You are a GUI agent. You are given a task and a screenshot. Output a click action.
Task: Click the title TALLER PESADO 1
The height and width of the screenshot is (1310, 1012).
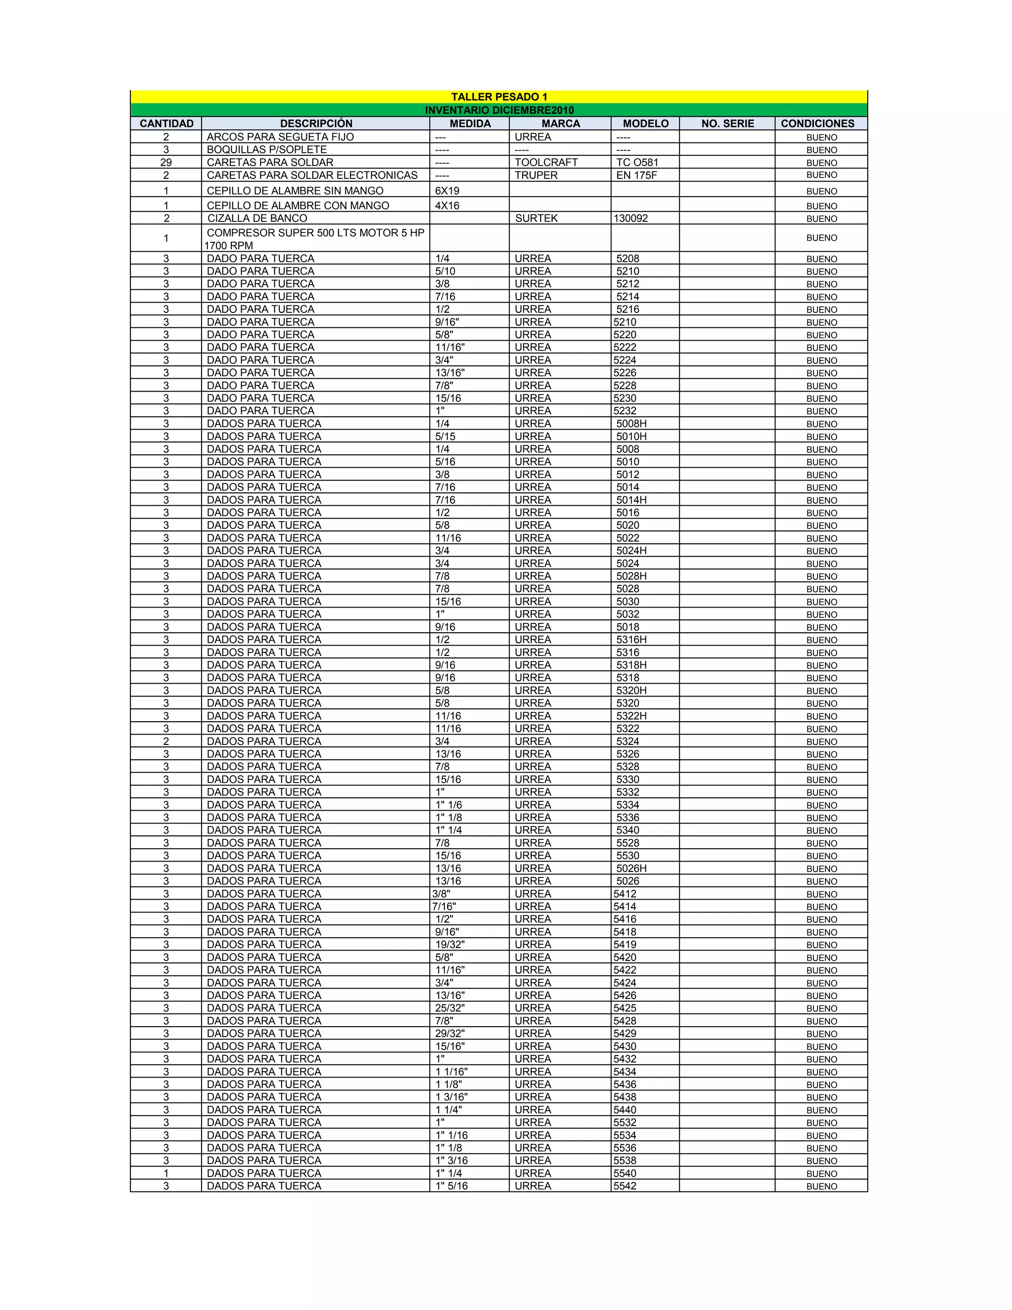point(499,96)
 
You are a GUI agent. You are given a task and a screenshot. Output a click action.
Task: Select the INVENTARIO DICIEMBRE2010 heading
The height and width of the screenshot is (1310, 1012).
point(499,110)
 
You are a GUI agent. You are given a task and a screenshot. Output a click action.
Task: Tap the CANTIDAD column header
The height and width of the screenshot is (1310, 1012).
point(167,124)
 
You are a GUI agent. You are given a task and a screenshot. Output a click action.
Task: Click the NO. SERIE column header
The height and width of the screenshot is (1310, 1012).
point(727,124)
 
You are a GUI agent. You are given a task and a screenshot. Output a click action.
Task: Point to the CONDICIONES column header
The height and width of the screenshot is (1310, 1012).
point(817,124)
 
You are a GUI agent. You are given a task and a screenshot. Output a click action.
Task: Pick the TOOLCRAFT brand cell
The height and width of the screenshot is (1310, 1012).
point(546,163)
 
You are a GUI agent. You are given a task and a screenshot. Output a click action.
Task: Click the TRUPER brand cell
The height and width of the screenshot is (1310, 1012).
point(536,175)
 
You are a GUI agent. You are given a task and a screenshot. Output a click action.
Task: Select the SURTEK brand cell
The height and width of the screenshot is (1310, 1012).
point(536,218)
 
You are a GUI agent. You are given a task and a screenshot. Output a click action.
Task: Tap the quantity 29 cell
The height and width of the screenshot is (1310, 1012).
point(166,163)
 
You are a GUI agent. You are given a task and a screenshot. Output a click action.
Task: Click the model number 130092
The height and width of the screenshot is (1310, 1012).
point(630,218)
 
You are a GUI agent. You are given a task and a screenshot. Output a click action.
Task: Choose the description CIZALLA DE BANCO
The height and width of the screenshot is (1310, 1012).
point(257,218)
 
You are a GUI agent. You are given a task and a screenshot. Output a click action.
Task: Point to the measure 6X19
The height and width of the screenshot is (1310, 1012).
point(447,191)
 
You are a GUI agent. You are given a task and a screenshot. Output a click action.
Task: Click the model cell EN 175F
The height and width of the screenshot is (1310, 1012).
point(636,175)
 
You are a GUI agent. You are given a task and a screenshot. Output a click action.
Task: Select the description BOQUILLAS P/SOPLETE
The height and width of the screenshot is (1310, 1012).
point(267,149)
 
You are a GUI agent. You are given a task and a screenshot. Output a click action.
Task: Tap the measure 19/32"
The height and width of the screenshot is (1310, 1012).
point(450,944)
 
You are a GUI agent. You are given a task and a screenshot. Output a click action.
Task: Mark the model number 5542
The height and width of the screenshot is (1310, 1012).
point(625,1186)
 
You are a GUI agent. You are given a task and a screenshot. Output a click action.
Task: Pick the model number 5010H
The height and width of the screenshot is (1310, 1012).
point(632,437)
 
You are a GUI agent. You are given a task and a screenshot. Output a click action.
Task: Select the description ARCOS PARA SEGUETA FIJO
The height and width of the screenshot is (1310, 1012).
point(280,137)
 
